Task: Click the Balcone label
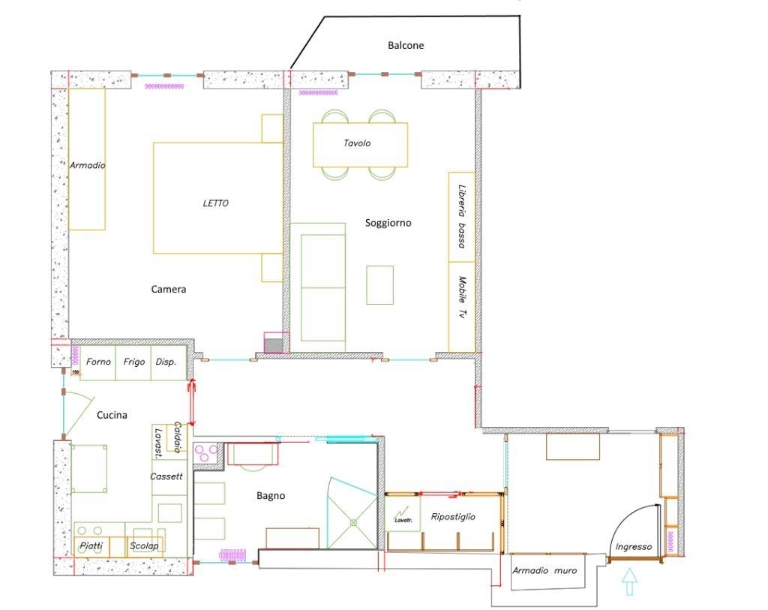click(406, 46)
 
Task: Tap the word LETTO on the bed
click(215, 203)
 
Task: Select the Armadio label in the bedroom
click(87, 165)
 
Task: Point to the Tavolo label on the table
click(357, 143)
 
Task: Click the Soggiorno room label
click(388, 223)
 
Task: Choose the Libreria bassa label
click(461, 216)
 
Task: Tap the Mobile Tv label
click(462, 298)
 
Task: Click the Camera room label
click(169, 289)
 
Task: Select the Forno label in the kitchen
click(98, 362)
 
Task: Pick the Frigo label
click(133, 362)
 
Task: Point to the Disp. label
click(166, 362)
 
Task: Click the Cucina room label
click(112, 415)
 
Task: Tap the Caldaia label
click(178, 437)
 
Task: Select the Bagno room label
click(271, 496)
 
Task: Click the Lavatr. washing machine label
click(403, 520)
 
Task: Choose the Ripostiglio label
click(453, 517)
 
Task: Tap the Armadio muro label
click(544, 570)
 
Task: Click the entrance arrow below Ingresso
click(630, 581)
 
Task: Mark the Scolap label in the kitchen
click(144, 545)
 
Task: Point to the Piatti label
click(91, 545)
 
